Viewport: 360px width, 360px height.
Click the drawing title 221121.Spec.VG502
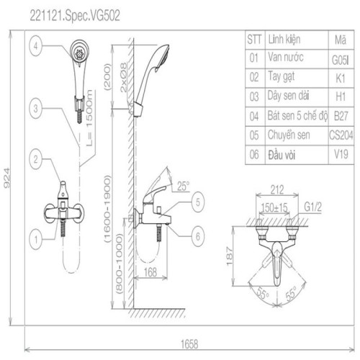pos(75,16)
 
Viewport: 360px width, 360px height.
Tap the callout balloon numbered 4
pos(35,46)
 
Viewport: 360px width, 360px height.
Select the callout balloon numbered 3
pos(35,108)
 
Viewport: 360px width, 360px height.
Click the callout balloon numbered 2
pos(35,158)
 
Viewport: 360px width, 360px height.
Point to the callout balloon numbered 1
pos(36,239)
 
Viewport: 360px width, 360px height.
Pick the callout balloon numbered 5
pos(198,202)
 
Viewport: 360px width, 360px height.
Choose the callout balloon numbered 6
pos(198,236)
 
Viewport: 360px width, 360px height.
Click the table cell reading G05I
pos(340,60)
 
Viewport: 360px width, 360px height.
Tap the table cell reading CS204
pos(341,135)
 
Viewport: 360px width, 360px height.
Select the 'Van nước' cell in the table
pos(286,57)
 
